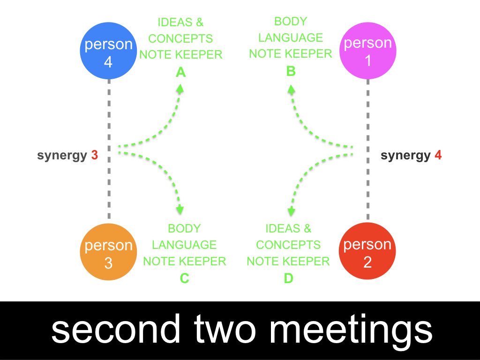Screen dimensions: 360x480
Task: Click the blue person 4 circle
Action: coord(108,52)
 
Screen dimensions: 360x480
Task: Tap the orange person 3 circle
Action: coord(108,254)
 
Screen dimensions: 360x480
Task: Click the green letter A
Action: coord(180,72)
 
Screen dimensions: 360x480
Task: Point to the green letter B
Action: coord(291,71)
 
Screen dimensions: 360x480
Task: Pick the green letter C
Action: coord(184,278)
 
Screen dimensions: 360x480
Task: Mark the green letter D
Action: coord(288,278)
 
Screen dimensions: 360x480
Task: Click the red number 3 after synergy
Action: coord(95,155)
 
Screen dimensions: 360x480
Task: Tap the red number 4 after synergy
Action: coord(438,155)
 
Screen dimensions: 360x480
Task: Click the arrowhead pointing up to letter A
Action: coord(180,88)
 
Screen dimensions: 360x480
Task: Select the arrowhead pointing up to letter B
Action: coord(291,88)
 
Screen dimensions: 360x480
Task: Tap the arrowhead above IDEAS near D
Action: coord(291,211)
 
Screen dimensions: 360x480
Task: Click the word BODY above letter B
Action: coord(291,22)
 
